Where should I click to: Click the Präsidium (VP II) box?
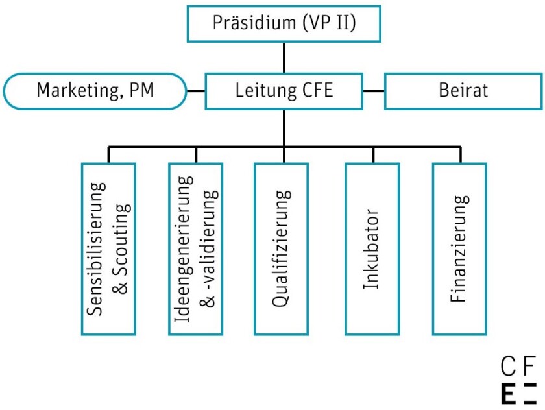click(284, 23)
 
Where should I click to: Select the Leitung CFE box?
click(284, 90)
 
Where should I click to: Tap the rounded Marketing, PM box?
click(95, 90)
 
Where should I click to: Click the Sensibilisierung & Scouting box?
click(108, 248)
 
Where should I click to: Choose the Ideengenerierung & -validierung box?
click(196, 248)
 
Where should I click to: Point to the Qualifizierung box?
click(282, 248)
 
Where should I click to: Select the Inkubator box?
click(371, 248)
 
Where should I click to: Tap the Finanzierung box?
click(459, 248)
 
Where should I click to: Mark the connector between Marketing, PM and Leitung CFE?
click(196, 90)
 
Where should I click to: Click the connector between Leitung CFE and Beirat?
click(374, 90)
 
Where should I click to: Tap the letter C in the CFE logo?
click(509, 368)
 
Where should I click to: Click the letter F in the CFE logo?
click(530, 368)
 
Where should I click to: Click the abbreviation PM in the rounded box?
click(141, 90)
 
